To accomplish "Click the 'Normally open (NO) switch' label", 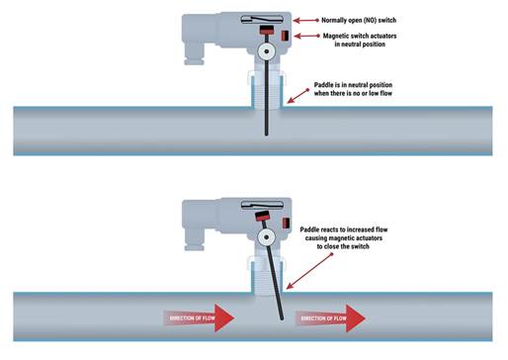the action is [x=359, y=20].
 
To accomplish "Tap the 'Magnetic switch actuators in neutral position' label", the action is [x=360, y=40].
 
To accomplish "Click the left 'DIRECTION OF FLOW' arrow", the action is [x=199, y=318].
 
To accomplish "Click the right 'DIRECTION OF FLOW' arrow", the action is [x=330, y=318].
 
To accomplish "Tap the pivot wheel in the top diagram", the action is [x=266, y=51].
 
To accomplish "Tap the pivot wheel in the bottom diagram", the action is [x=266, y=237].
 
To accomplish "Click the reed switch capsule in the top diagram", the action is [x=262, y=20].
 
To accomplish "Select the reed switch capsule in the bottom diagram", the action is [x=262, y=205].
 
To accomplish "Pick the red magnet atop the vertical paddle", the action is [x=267, y=30].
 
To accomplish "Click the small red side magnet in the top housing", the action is [x=285, y=36].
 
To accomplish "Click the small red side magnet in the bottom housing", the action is [x=286, y=224].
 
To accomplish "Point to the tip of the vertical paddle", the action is [x=267, y=135].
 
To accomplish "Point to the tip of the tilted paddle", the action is [x=282, y=318].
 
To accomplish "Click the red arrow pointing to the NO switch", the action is [x=306, y=21].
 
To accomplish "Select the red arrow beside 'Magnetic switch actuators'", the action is [x=306, y=36].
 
